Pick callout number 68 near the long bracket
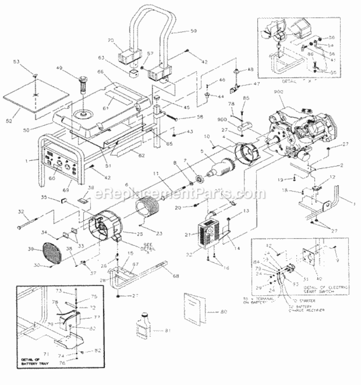click(x=176, y=277)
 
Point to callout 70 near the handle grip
click(x=111, y=40)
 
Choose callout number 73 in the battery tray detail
click(x=72, y=291)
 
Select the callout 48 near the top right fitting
click(x=251, y=70)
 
